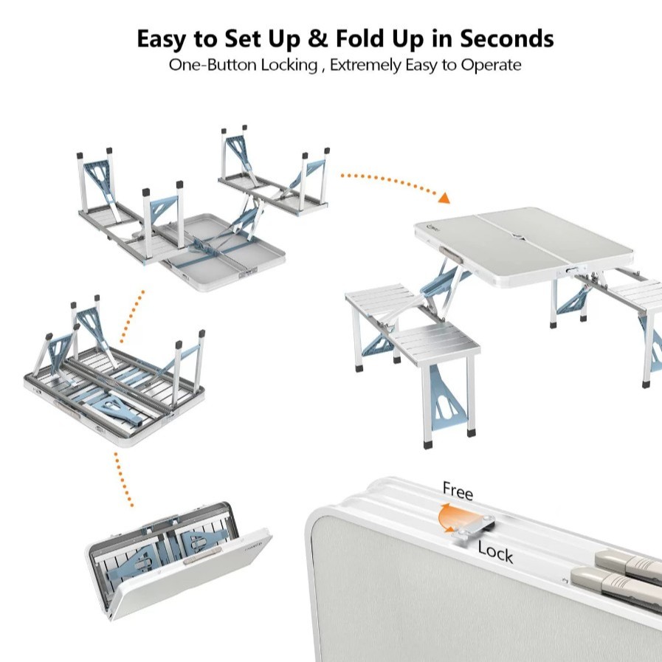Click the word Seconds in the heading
coord(506,38)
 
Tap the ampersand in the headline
coord(317,38)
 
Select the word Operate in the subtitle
coord(491,66)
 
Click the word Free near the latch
coord(458,491)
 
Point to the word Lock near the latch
coord(496,552)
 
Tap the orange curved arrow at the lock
coord(451,517)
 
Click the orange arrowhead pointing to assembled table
coord(444,198)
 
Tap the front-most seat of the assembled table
coord(436,342)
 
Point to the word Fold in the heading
coord(361,38)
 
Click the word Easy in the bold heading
coord(162,39)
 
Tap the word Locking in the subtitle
coord(289,66)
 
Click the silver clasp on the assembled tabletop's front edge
coord(573,271)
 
